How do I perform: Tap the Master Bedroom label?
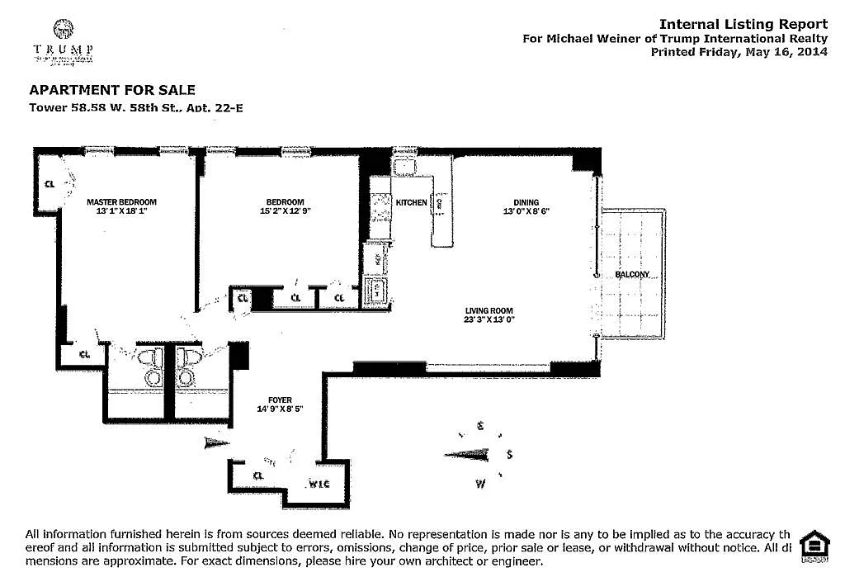[121, 202]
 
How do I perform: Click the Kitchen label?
[412, 202]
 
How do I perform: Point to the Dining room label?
[526, 202]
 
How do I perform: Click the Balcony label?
[633, 274]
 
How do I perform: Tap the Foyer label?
[281, 400]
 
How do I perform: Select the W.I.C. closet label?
[319, 483]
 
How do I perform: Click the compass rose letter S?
[510, 454]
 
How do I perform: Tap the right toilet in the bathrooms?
[186, 367]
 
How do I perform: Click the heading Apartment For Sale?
[112, 90]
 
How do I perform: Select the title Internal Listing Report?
[743, 25]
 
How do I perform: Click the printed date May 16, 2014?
[781, 51]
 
